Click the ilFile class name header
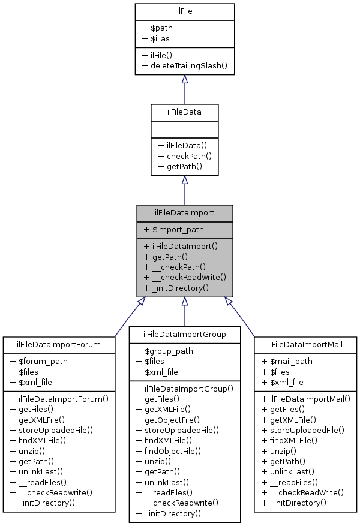coord(184,11)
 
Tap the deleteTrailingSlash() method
coord(184,65)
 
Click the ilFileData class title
coord(184,112)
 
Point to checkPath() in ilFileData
coord(185,156)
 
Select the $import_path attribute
coord(174,229)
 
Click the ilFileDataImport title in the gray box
coord(184,212)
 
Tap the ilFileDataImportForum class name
coord(59,344)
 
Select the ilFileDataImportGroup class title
coord(184,334)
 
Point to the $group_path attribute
coord(165,351)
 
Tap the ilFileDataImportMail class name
coord(305,344)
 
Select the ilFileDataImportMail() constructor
coord(305,398)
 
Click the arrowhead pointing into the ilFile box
coord(185,79)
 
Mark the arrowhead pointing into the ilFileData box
coord(185,180)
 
